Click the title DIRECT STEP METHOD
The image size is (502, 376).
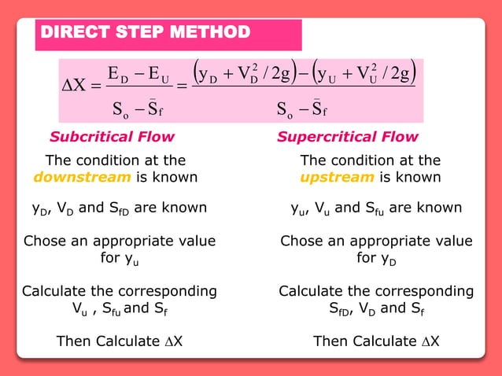pyautogui.click(x=145, y=33)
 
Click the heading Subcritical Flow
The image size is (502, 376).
pyautogui.click(x=112, y=137)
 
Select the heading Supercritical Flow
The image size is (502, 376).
pyautogui.click(x=347, y=137)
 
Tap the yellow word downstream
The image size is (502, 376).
pyautogui.click(x=83, y=177)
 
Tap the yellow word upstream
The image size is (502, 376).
pyautogui.click(x=337, y=177)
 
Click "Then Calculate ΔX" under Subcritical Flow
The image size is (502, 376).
pyautogui.click(x=120, y=341)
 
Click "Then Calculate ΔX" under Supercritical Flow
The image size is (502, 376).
pyautogui.click(x=376, y=341)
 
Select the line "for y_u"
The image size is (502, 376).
pyautogui.click(x=120, y=258)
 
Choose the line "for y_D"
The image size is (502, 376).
pyautogui.click(x=376, y=258)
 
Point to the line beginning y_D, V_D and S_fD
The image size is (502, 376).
pyautogui.click(x=114, y=208)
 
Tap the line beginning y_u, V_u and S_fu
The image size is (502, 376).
pyautogui.click(x=376, y=208)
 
